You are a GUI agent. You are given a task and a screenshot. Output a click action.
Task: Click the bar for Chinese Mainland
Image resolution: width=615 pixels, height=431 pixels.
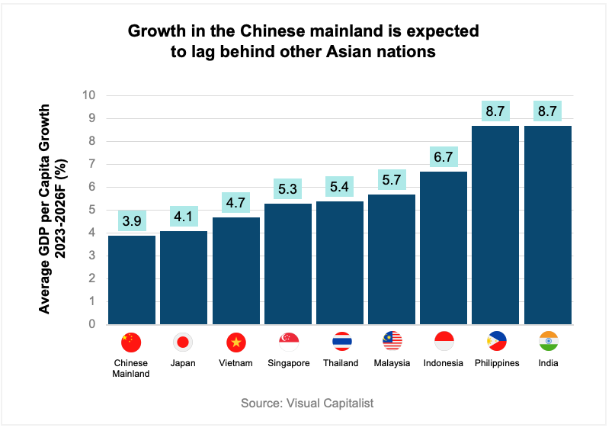[132, 279]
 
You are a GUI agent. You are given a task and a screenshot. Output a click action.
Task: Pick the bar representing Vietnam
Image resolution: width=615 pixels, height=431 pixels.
[235, 270]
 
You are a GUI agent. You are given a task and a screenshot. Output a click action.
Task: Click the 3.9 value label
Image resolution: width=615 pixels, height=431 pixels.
[132, 221]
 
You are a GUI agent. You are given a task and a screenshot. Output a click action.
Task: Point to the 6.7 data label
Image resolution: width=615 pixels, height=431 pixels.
[444, 157]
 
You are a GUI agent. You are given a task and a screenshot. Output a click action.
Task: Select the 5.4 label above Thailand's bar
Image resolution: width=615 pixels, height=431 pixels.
[340, 187]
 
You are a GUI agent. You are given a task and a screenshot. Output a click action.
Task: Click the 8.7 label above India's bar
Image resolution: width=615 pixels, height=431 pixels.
[547, 111]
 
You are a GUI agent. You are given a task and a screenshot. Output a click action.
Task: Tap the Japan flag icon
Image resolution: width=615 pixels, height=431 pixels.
[184, 342]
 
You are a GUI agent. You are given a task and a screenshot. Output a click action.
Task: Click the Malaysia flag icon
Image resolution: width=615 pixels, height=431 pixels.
[392, 341]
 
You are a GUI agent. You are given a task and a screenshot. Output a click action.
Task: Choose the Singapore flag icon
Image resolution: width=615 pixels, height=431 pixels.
[289, 341]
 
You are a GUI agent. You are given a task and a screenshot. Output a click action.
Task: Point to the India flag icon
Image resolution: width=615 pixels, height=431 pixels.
[548, 341]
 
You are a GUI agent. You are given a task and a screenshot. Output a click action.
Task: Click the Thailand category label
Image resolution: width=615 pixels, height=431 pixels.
[341, 363]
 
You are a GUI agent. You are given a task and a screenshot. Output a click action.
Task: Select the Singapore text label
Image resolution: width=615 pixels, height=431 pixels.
[289, 363]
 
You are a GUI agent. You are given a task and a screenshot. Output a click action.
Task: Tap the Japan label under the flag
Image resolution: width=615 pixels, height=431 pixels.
[184, 363]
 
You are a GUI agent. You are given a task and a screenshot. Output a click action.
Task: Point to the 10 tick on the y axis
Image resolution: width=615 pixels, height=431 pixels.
[89, 95]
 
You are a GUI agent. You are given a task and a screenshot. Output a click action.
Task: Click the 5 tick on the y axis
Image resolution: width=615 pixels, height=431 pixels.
[92, 210]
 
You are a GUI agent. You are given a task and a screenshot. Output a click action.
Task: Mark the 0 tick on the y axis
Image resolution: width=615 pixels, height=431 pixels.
[92, 324]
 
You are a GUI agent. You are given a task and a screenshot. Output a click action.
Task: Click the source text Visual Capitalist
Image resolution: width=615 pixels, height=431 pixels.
[307, 403]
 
